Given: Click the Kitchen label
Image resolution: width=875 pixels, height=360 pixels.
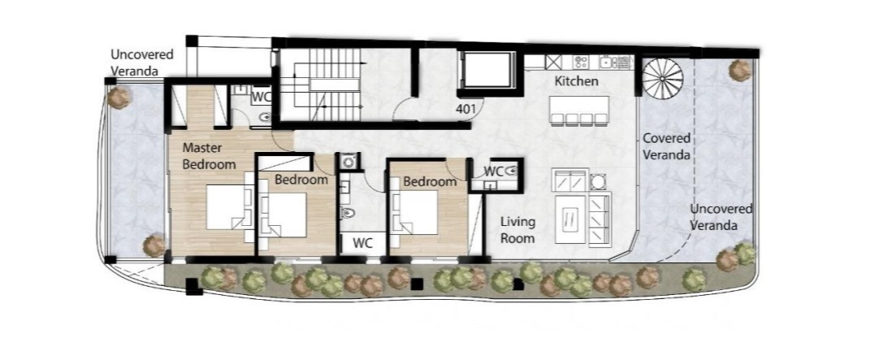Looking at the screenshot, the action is [x=577, y=81].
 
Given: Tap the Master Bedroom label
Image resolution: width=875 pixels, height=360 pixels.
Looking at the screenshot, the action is [x=210, y=156].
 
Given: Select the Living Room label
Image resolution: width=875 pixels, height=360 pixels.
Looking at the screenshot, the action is [x=518, y=230].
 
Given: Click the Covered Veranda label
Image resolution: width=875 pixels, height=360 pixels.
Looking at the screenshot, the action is [x=666, y=146].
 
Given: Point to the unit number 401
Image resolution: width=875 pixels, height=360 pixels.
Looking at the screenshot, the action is [x=466, y=110].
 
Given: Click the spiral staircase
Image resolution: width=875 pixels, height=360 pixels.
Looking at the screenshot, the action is [x=662, y=79].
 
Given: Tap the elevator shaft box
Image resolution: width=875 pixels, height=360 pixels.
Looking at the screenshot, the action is [x=487, y=70].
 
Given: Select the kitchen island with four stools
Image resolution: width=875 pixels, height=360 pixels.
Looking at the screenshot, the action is [x=579, y=111].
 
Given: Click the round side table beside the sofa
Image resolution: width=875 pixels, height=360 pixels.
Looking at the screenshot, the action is [x=598, y=182].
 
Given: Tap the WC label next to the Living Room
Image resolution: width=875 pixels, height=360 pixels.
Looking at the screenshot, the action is [x=494, y=170].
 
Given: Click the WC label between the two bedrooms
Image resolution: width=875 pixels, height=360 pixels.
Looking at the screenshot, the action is [x=362, y=243].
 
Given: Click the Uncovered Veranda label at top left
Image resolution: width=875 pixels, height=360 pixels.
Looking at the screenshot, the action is [x=141, y=63].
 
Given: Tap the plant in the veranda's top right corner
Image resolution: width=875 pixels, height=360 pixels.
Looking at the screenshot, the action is [x=740, y=69].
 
